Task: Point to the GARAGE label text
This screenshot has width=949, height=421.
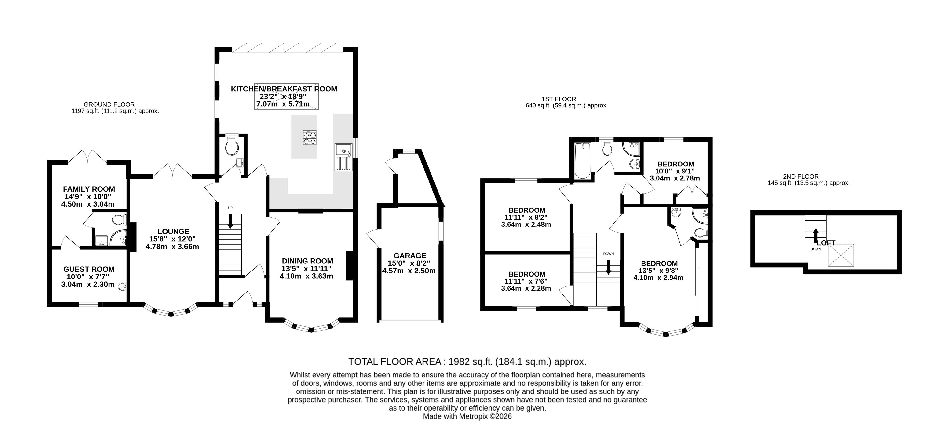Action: [x=410, y=256]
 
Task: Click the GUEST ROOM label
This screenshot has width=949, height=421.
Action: [x=89, y=269]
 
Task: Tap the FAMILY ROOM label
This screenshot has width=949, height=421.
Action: [x=89, y=189]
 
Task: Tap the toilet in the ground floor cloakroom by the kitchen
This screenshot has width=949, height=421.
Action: [x=232, y=146]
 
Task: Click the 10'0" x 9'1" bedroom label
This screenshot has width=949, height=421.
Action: [x=675, y=164]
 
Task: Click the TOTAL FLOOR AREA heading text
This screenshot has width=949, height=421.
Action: [x=467, y=361]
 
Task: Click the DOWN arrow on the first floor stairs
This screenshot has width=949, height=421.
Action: [x=608, y=267]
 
